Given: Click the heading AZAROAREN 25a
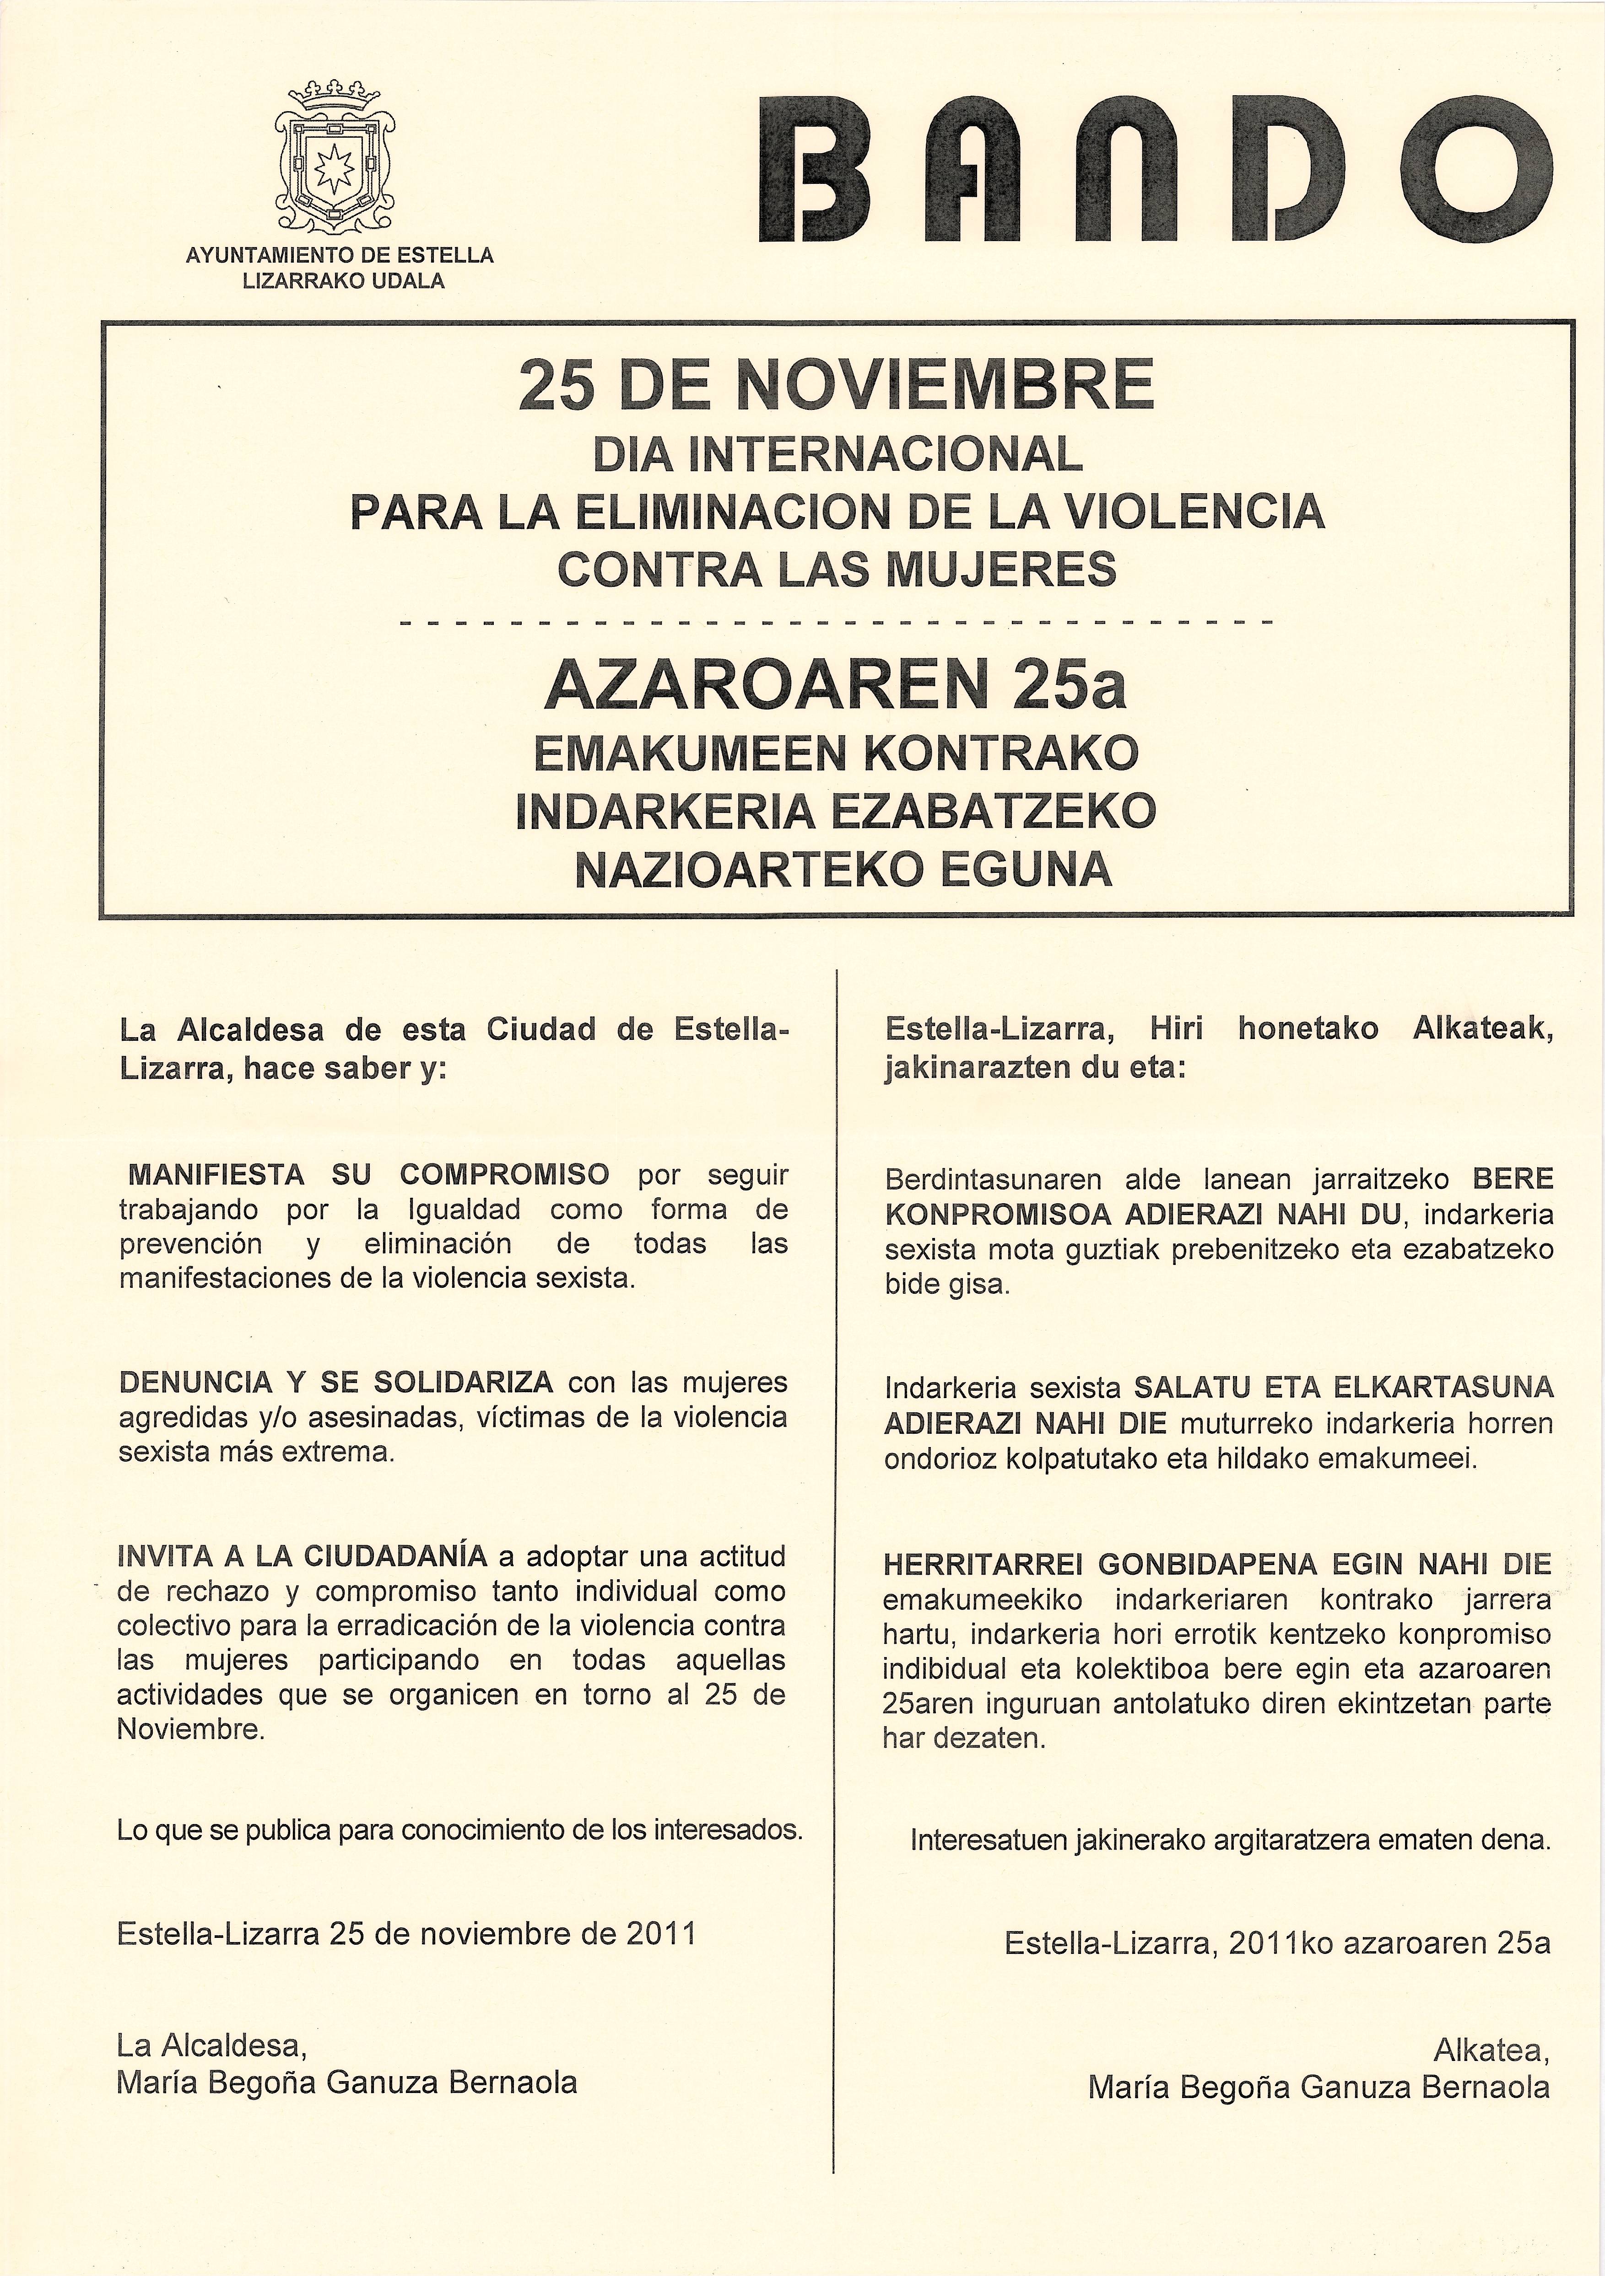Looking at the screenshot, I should (836, 686).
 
